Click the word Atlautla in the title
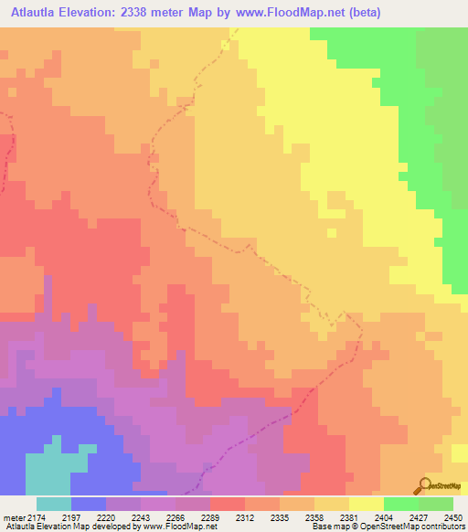click(37, 13)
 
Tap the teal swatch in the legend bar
click(54, 504)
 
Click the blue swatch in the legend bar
click(89, 504)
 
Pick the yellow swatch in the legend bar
click(367, 504)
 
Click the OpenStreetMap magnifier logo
click(423, 485)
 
